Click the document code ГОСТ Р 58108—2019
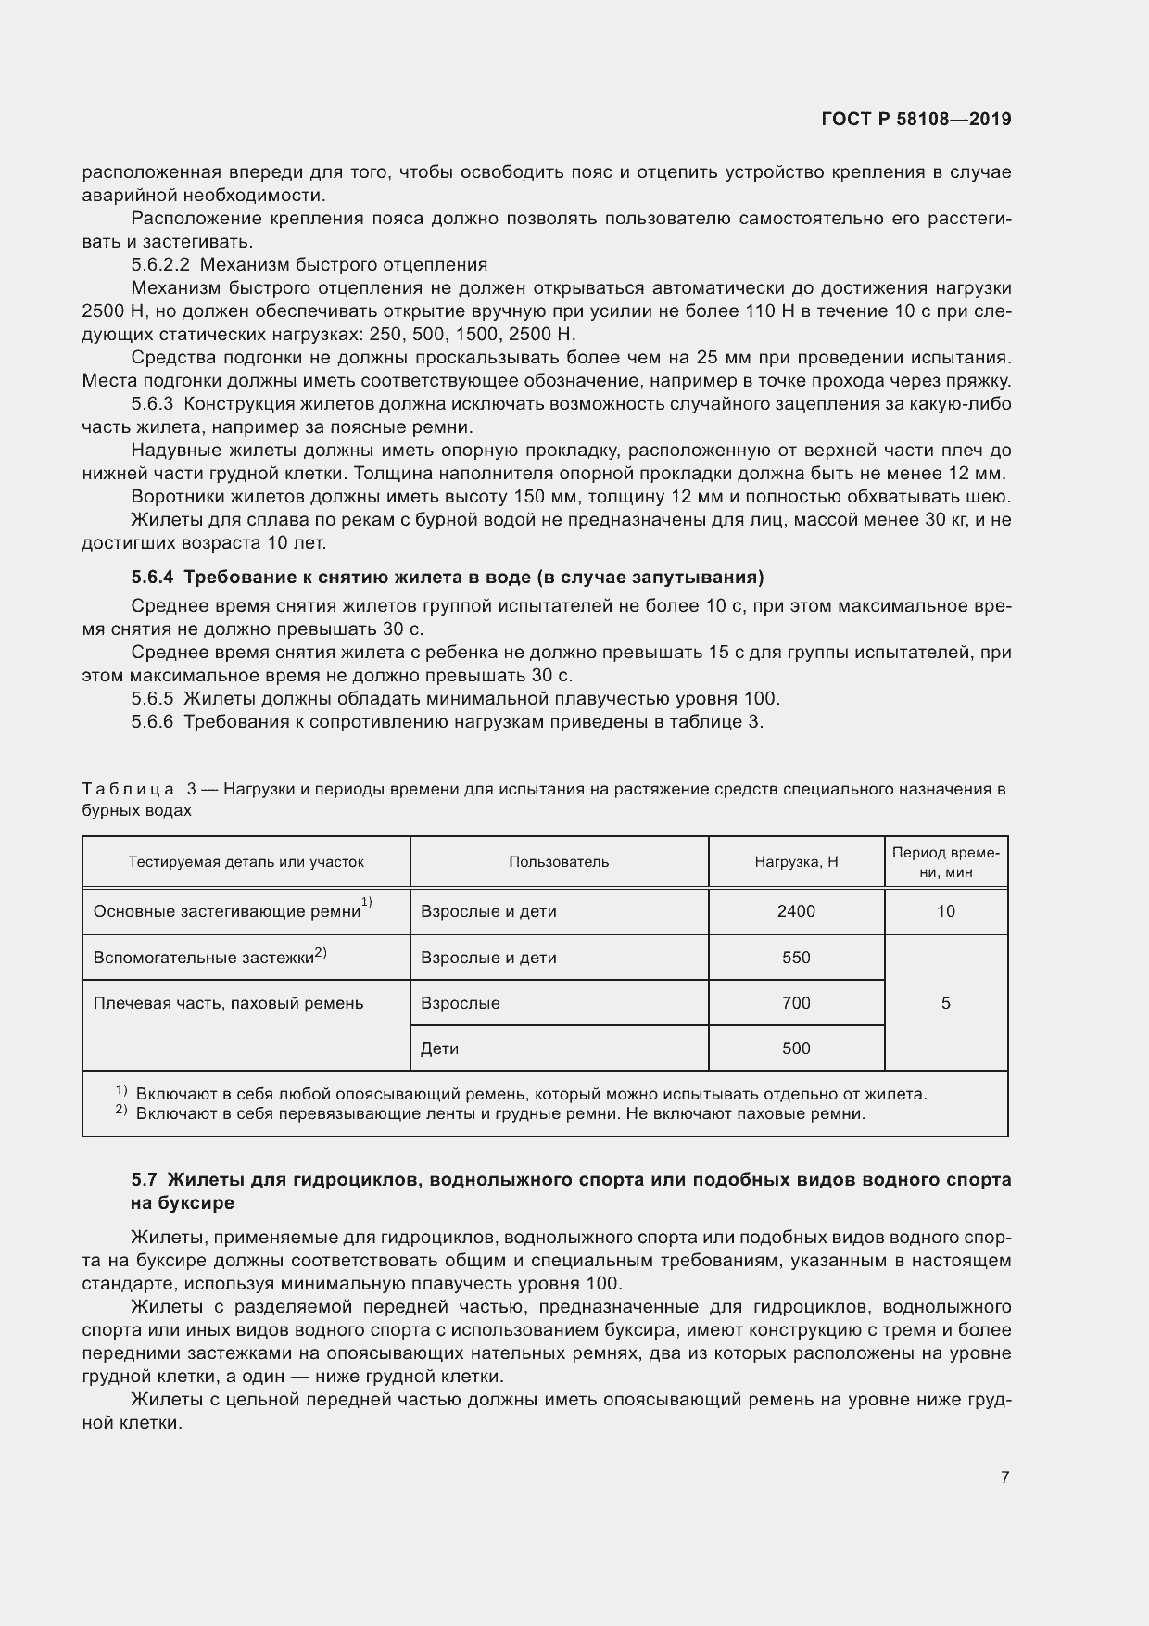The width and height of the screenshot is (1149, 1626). click(x=915, y=119)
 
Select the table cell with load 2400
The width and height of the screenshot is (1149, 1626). click(x=796, y=911)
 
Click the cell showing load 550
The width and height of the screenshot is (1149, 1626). click(x=796, y=958)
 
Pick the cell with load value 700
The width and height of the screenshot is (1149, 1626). click(x=796, y=1003)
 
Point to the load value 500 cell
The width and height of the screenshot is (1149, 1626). click(x=796, y=1048)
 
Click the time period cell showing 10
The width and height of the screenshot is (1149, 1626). click(x=945, y=911)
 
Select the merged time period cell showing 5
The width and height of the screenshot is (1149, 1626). click(x=945, y=1003)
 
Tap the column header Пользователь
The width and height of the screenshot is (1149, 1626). click(x=559, y=862)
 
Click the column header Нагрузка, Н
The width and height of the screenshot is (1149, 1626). click(x=796, y=862)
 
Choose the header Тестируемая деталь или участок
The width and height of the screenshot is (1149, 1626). click(x=246, y=862)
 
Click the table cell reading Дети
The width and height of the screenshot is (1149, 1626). click(x=440, y=1048)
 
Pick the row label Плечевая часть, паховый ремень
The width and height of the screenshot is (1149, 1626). click(x=228, y=1003)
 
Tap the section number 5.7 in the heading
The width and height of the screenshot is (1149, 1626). click(x=144, y=1180)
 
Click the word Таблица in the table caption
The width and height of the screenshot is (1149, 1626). click(x=127, y=790)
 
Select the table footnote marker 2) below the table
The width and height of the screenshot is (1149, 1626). click(x=121, y=1112)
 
